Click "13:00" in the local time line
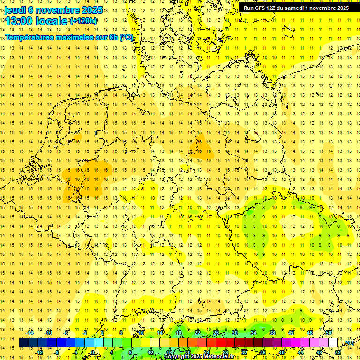18,21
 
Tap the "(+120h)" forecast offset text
83,21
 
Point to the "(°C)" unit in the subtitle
126,37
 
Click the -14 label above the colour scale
31,333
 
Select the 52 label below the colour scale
338,352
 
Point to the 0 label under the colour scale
93,352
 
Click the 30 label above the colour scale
235,333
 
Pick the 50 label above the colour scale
329,333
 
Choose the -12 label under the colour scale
39,352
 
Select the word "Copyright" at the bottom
176,357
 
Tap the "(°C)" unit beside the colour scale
348,343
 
